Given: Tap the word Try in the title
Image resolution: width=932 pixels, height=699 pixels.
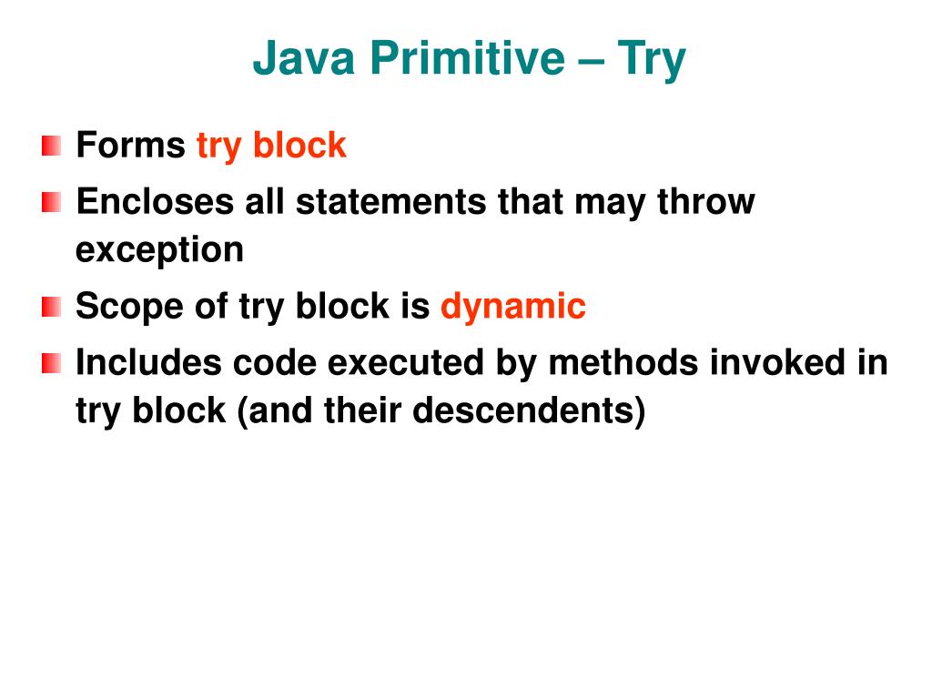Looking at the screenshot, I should (x=651, y=59).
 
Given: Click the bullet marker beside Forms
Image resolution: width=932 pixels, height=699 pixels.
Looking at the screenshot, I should (x=52, y=146).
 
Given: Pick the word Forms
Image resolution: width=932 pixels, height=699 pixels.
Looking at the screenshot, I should (x=130, y=146).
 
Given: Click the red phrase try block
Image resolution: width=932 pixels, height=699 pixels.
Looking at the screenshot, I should (x=271, y=146).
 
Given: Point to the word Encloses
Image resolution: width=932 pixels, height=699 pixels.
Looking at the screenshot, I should (x=155, y=201).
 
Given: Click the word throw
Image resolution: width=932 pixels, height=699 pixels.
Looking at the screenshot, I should (x=706, y=201).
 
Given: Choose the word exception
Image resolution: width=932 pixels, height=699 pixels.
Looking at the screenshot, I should (x=159, y=250).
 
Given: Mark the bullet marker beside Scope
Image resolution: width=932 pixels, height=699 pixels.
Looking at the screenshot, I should (x=52, y=308).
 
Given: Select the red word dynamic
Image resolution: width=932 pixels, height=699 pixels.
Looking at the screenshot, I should (x=512, y=308).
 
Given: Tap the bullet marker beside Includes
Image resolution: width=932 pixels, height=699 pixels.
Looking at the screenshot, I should (x=52, y=364).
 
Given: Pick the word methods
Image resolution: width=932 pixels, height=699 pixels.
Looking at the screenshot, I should (x=611, y=363).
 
